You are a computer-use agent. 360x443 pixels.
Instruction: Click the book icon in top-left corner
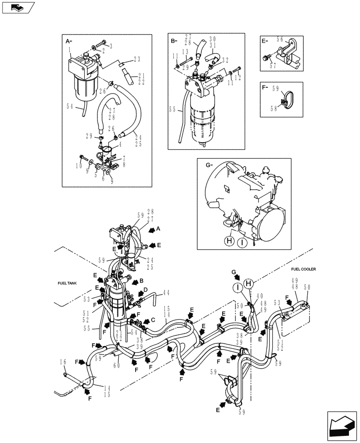point(16,7)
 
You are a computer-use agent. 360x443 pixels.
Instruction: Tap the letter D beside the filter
point(146,291)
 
